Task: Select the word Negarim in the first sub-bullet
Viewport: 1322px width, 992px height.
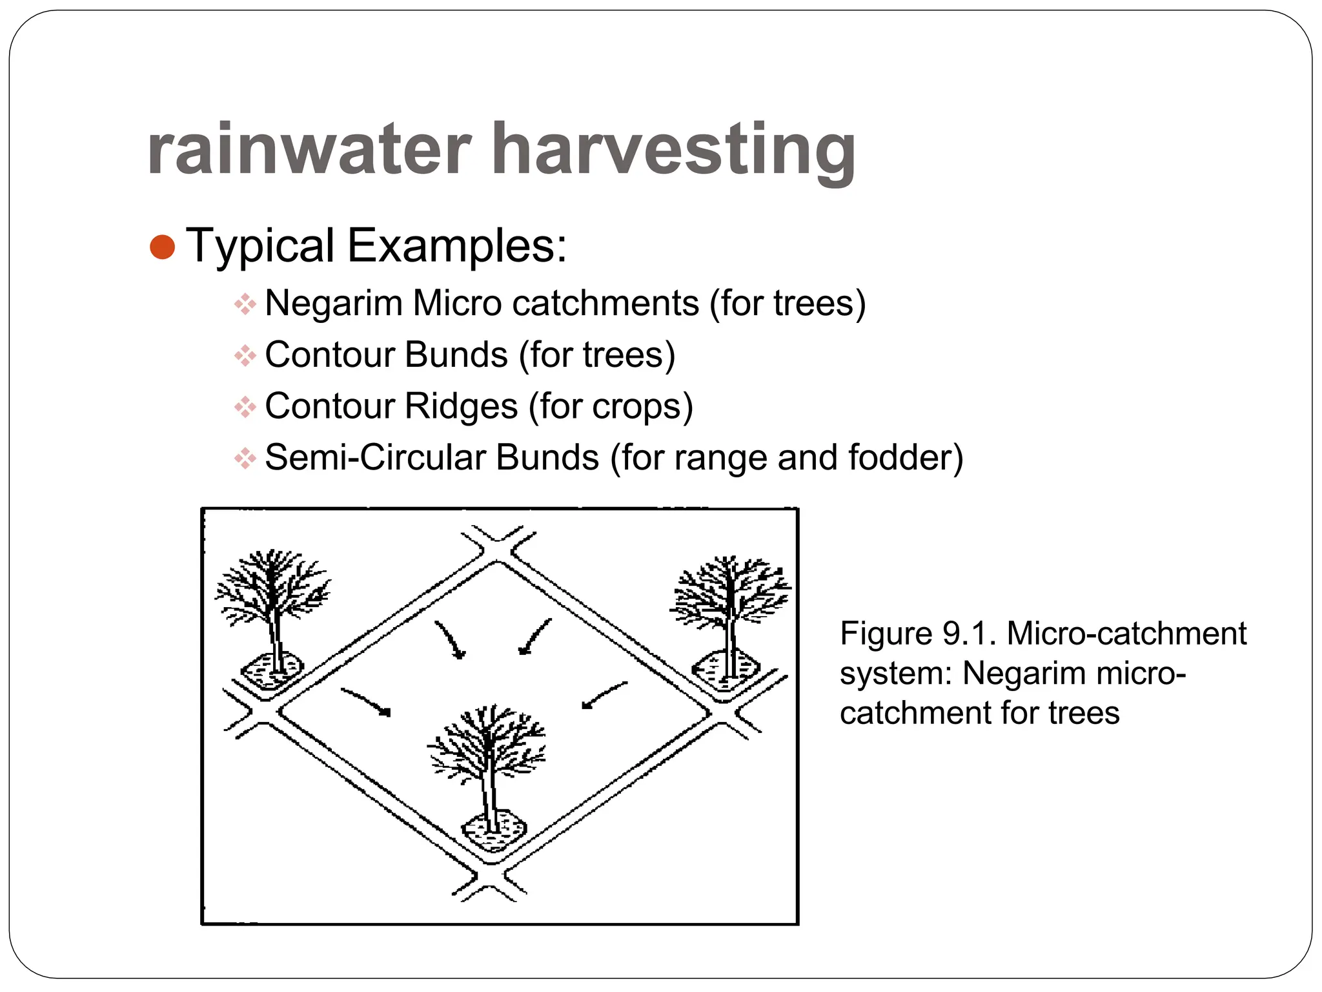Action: (333, 303)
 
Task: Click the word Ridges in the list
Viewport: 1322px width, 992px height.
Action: (462, 406)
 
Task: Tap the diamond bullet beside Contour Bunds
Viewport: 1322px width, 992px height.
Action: (245, 355)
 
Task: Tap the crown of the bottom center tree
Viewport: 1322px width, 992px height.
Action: (487, 743)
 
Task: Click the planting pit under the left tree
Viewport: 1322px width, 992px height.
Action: (272, 672)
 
